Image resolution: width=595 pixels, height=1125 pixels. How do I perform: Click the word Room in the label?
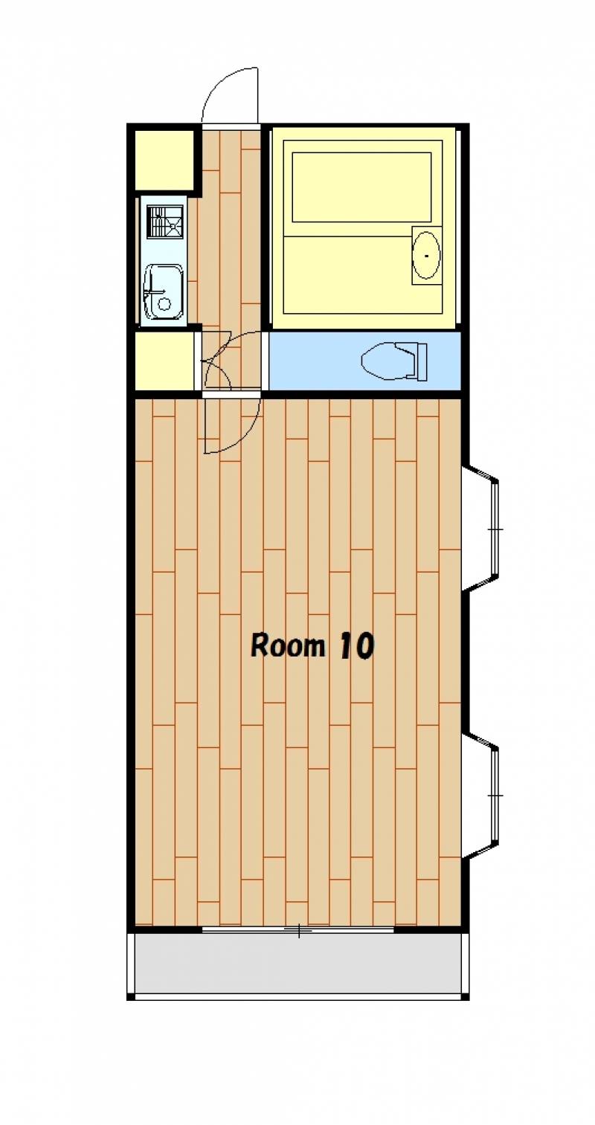click(x=288, y=645)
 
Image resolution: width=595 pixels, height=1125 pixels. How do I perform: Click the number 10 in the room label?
click(x=357, y=646)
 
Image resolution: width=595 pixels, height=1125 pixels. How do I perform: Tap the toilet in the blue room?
click(x=394, y=361)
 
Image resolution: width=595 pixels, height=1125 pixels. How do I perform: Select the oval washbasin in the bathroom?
click(x=426, y=255)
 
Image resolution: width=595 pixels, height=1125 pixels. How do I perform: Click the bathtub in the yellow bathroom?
click(x=361, y=187)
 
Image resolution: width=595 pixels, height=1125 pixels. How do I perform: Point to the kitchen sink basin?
click(x=163, y=291)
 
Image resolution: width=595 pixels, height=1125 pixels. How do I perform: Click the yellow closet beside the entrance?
click(x=164, y=160)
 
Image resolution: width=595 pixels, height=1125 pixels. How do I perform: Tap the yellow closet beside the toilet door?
click(x=164, y=361)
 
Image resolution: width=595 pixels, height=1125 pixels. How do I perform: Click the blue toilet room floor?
click(x=365, y=361)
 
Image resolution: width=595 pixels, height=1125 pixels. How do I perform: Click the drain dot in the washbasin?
click(x=426, y=256)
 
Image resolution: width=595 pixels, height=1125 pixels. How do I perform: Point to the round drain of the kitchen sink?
click(x=164, y=303)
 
